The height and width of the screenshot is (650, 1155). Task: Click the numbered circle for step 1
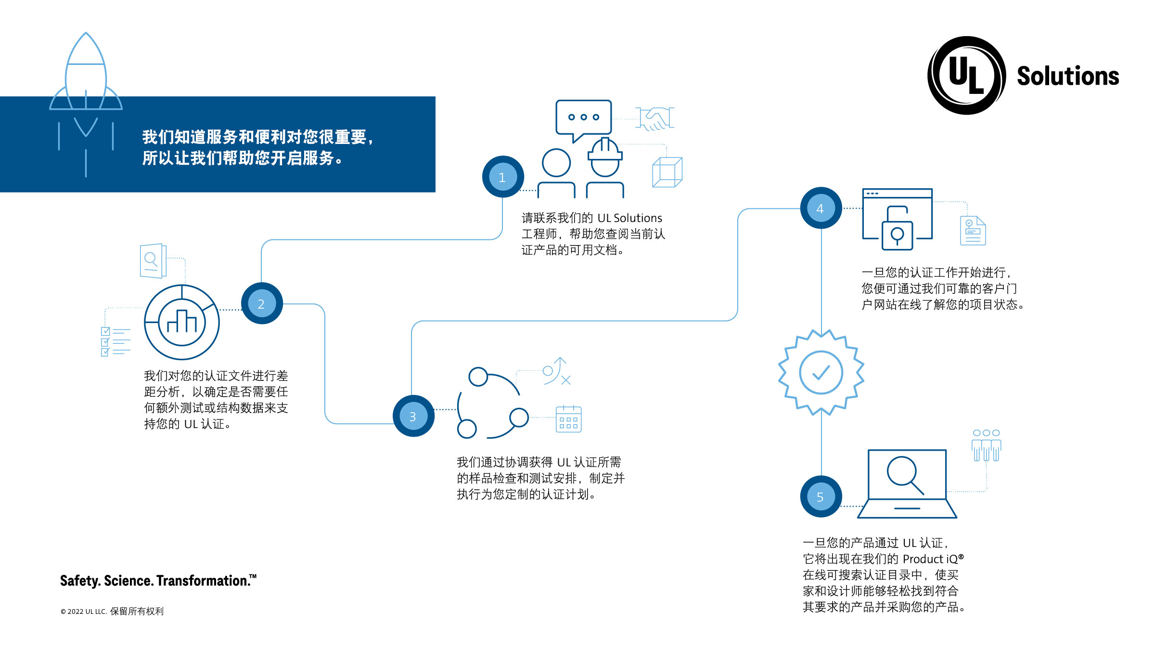(x=503, y=177)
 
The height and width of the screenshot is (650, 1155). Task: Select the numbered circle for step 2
(x=262, y=303)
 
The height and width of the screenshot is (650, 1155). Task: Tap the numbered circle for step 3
(x=413, y=416)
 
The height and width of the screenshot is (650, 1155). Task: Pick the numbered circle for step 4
(x=821, y=208)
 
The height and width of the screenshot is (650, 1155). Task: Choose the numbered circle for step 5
(x=821, y=496)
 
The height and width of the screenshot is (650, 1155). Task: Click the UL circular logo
(x=966, y=76)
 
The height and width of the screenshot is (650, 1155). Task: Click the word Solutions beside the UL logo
(x=1068, y=76)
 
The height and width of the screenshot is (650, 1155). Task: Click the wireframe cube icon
(x=667, y=172)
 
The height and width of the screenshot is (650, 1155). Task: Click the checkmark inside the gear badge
(x=821, y=373)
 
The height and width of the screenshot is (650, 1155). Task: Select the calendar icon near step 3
(x=568, y=419)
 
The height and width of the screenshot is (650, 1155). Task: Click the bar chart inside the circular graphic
(x=182, y=322)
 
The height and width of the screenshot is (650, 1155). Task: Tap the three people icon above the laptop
(x=986, y=445)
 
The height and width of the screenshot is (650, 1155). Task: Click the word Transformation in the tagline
(x=203, y=581)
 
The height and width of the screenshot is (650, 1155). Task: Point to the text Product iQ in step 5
(x=931, y=559)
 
